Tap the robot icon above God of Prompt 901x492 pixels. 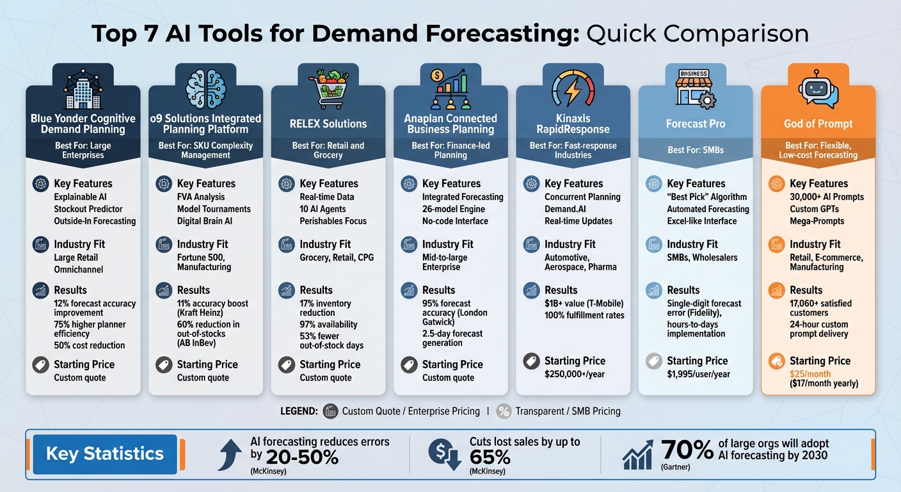coord(818,89)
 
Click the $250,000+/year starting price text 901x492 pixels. coord(574,374)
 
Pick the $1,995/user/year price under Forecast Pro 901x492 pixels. coord(698,374)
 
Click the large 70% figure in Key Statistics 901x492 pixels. coord(687,450)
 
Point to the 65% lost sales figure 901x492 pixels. coord(490,457)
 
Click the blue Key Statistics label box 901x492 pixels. coord(104,454)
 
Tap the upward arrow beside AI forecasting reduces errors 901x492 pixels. coord(231,453)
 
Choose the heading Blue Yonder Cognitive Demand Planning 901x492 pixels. coord(83,124)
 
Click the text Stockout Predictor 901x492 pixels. coord(88,209)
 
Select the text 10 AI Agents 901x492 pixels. coord(323,209)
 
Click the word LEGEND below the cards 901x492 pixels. coord(299,411)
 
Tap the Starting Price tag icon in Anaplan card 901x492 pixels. coord(409,365)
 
